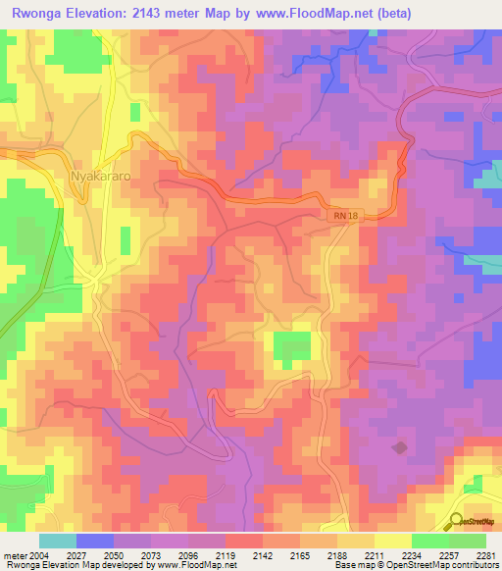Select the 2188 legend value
click(337, 556)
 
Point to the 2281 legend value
click(485, 556)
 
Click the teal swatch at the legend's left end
click(57, 541)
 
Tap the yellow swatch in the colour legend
click(392, 541)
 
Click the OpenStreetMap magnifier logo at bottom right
click(456, 521)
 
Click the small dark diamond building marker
click(399, 447)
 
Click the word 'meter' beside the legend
click(13, 556)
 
